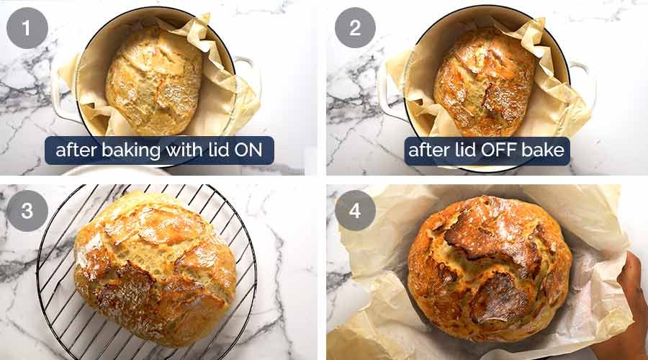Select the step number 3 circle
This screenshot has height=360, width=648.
point(27,210)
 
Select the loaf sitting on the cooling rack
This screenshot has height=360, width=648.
point(155,266)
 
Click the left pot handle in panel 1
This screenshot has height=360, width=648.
point(60,94)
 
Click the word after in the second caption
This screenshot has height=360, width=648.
point(428,150)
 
